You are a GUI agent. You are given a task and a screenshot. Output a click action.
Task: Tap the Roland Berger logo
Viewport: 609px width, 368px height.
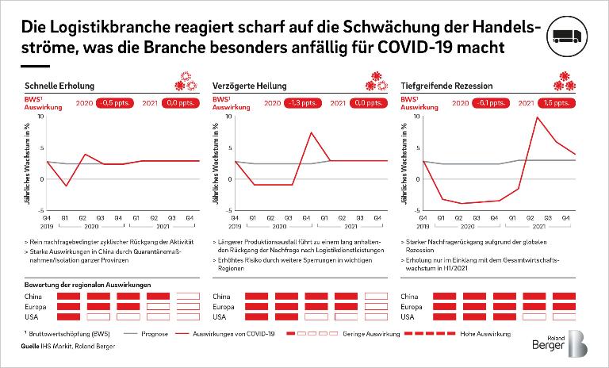(562, 342)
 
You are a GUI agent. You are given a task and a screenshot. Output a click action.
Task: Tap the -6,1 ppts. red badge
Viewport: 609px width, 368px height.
(491, 102)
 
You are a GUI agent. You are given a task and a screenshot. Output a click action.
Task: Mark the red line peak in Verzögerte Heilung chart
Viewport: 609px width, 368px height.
(312, 132)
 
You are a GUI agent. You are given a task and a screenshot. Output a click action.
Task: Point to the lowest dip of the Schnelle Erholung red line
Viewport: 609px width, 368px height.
(66, 186)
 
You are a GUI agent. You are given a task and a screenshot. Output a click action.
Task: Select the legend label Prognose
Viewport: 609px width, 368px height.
(154, 334)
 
